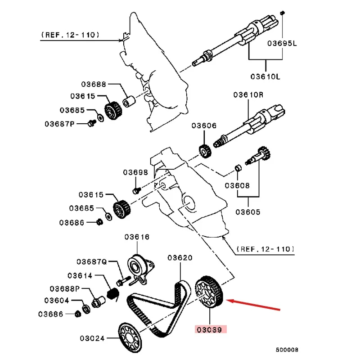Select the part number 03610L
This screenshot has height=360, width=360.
265,76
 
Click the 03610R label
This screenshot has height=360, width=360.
248,95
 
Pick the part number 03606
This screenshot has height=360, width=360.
204,126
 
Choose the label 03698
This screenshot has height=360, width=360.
135,173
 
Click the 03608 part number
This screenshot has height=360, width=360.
237,185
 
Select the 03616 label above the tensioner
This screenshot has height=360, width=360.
137,237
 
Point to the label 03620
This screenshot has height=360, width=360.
180,258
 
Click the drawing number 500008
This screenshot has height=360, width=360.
287,349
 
